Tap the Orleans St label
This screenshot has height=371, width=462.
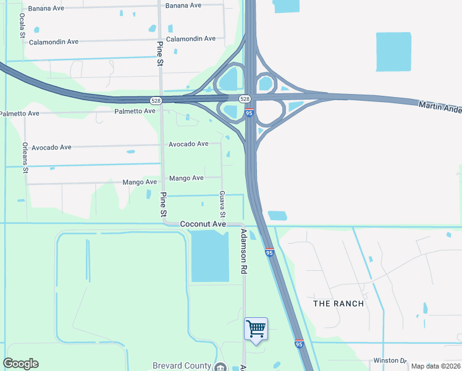tap(25, 157)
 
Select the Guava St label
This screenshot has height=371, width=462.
tap(222, 203)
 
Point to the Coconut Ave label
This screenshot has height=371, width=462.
tap(203, 224)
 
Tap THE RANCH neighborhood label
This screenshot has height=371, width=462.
tap(338, 304)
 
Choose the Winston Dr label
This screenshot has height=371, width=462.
tap(390, 360)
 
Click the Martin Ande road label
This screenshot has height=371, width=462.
tap(440, 107)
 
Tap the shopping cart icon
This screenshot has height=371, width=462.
tap(256, 328)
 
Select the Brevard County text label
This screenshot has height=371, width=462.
tap(182, 366)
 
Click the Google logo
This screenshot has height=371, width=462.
tap(20, 364)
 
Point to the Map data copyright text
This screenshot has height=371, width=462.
tap(435, 366)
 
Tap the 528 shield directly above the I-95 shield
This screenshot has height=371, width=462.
tap(245, 99)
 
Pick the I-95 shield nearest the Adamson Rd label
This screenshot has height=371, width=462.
tap(269, 252)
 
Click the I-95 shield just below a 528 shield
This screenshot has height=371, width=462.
tap(250, 113)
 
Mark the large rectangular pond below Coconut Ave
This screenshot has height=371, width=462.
tap(210, 256)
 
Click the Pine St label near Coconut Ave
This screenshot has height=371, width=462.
tap(164, 205)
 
